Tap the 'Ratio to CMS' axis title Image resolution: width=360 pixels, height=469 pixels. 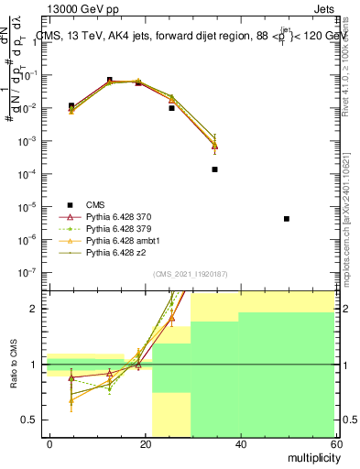12,365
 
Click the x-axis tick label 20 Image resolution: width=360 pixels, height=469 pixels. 145,443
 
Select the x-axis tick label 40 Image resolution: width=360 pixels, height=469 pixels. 240,443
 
